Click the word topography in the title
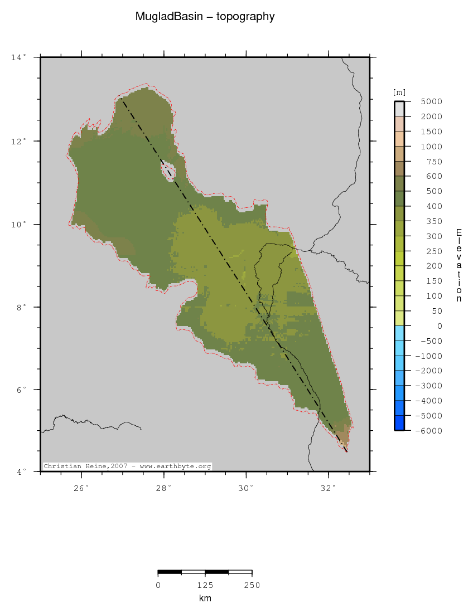tap(247, 17)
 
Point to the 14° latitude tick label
tap(18, 57)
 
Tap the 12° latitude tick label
tap(18, 141)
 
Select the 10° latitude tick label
tap(18, 224)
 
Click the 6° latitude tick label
tap(20, 390)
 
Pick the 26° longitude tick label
tap(81, 489)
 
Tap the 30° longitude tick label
tap(246, 489)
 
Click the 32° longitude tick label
tap(329, 489)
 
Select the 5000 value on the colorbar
tap(432, 101)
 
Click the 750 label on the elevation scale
tap(434, 162)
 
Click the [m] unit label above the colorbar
tap(399, 92)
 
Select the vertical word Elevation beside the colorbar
tap(458, 265)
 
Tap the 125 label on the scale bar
tap(205, 585)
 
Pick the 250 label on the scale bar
tap(252, 585)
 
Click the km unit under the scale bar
tap(205, 599)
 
